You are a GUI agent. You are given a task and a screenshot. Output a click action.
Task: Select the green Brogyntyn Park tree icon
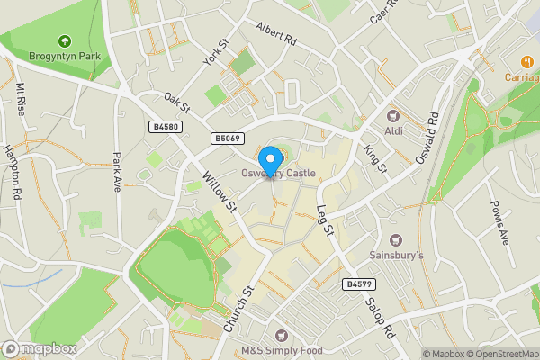click(64, 40)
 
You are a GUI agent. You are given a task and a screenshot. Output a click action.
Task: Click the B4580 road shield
click(165, 127)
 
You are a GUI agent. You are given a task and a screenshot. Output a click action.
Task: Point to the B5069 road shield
click(228, 139)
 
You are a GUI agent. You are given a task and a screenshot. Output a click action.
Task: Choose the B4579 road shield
click(358, 284)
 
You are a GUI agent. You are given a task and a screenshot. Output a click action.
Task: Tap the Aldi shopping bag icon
click(393, 115)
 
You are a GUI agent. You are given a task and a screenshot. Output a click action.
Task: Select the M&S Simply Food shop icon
click(279, 335)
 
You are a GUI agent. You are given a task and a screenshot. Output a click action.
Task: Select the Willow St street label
click(219, 192)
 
